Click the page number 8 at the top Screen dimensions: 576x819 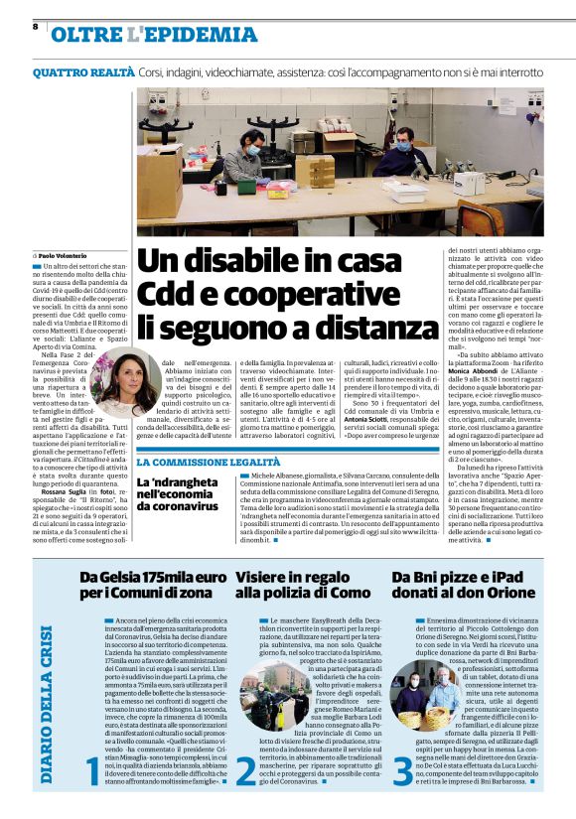35,26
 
